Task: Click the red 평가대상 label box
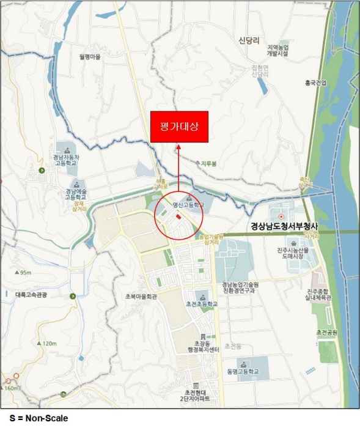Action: click(x=179, y=127)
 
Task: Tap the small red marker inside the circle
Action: click(x=178, y=216)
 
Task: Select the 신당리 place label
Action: click(x=249, y=40)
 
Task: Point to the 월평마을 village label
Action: click(x=89, y=57)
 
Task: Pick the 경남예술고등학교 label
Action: click(x=76, y=195)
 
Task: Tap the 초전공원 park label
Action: click(x=328, y=332)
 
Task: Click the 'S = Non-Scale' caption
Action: click(x=34, y=418)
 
